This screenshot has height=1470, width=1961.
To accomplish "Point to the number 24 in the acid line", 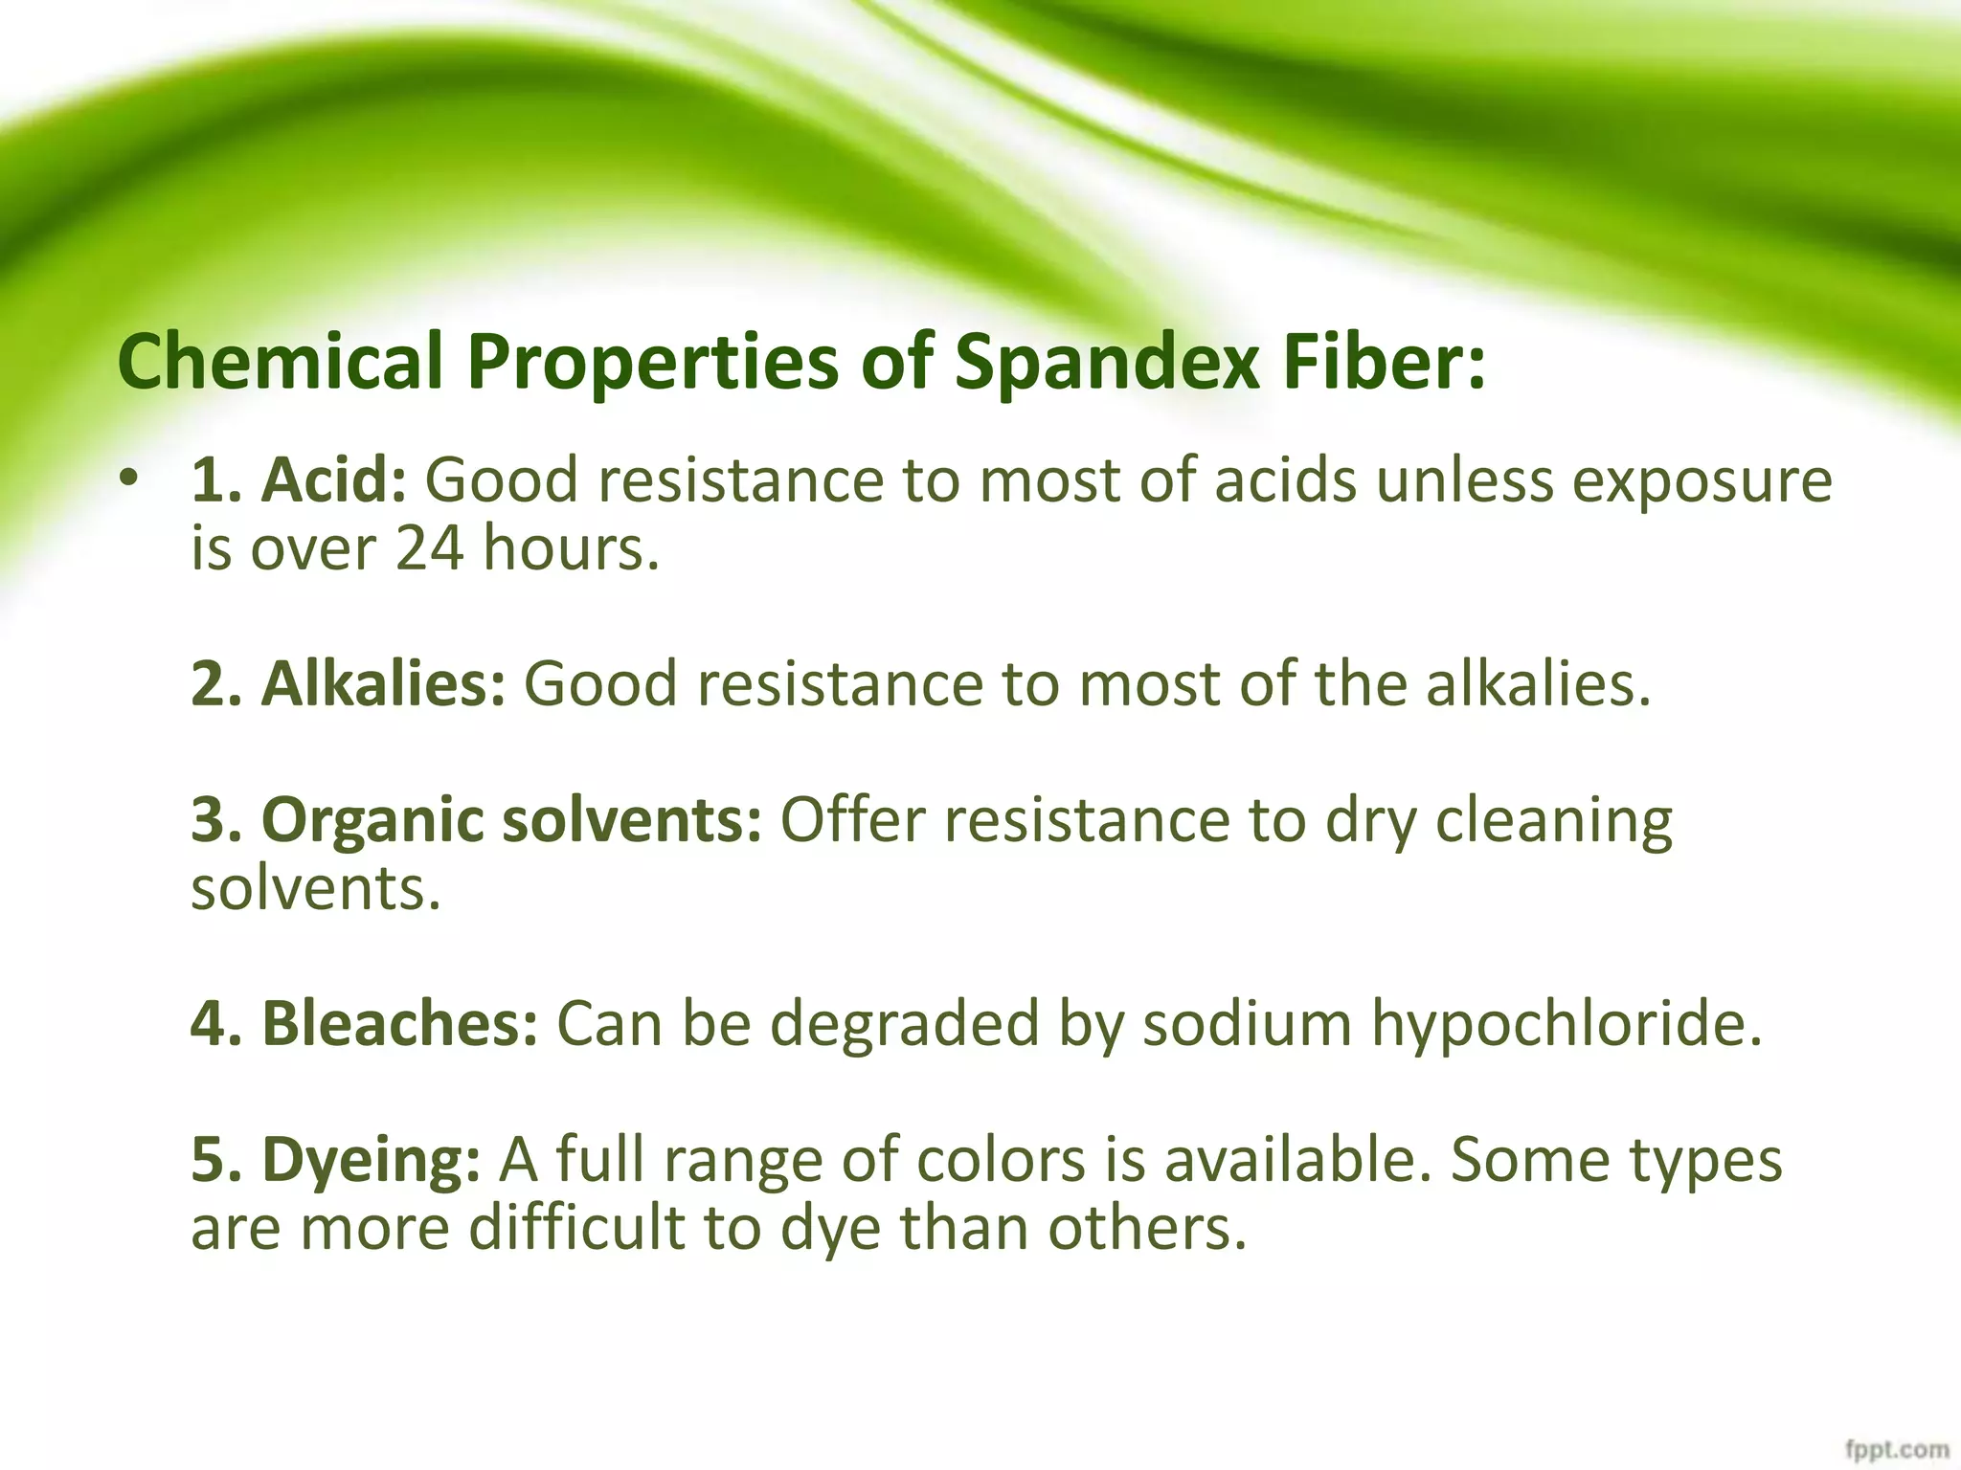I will pyautogui.click(x=430, y=548).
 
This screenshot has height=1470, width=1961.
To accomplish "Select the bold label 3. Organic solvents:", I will pyautogui.click(x=477, y=820).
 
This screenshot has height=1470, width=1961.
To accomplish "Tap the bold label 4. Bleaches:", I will pyautogui.click(x=365, y=1023).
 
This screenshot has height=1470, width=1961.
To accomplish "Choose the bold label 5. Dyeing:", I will pyautogui.click(x=335, y=1159).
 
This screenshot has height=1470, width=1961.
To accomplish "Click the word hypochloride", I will pyautogui.click(x=1567, y=1023).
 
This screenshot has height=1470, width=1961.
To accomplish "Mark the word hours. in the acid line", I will pyautogui.click(x=571, y=548).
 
